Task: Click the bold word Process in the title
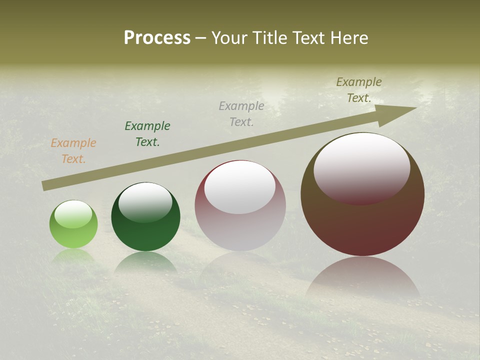pos(157,38)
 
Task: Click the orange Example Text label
pos(73,151)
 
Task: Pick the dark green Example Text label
pos(147,134)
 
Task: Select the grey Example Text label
pos(241,113)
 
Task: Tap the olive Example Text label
pos(359,90)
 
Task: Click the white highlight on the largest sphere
pos(361,167)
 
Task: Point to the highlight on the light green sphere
pos(73,214)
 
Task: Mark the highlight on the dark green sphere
pos(145,201)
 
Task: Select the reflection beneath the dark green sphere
pos(145,262)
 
